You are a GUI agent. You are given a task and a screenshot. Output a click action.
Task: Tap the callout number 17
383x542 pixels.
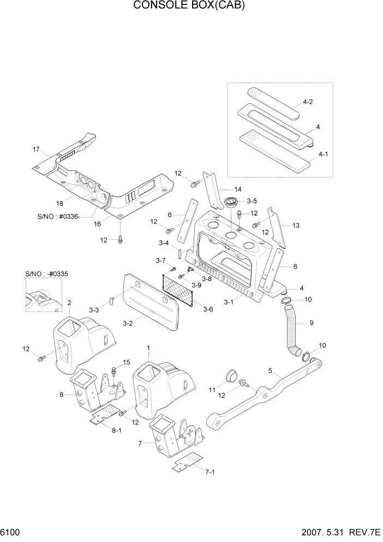tap(37, 149)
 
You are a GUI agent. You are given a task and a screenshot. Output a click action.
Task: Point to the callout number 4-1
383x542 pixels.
tap(322, 154)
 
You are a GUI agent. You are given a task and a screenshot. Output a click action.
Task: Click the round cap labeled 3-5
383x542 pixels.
tap(231, 202)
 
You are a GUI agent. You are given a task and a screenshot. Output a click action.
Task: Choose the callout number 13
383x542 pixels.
tap(296, 225)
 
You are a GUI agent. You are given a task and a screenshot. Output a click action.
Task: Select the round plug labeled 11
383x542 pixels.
tap(231, 375)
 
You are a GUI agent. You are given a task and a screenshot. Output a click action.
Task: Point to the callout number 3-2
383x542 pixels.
tap(128, 323)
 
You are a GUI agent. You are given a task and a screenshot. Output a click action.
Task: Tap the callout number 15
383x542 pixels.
tap(127, 362)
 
